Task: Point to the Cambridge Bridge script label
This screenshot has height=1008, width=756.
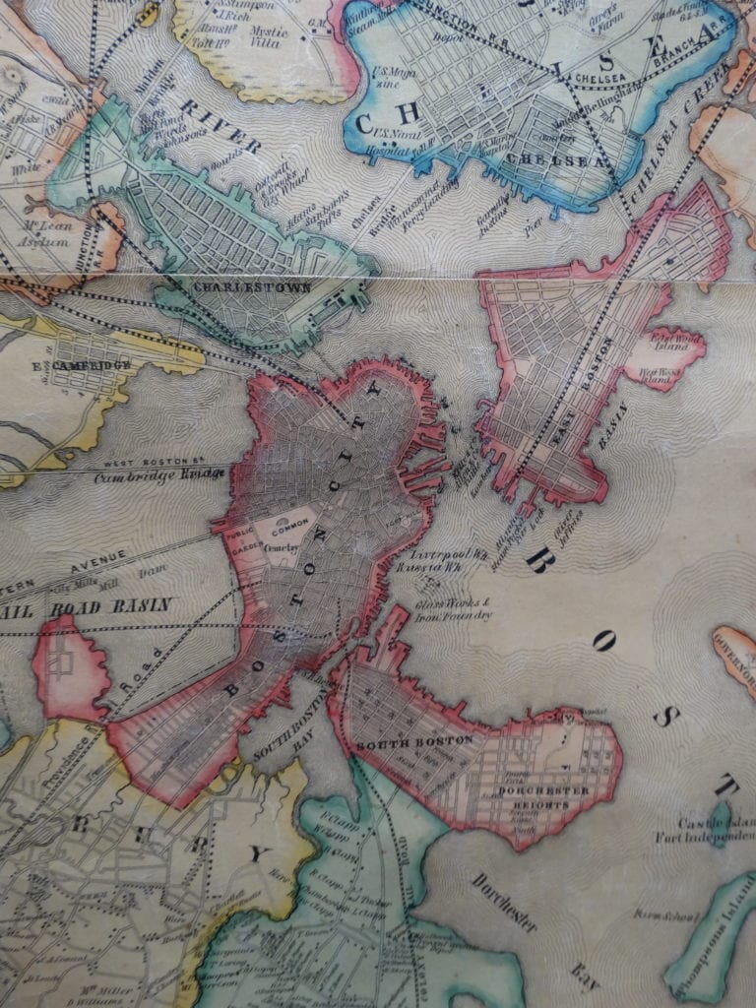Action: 159,475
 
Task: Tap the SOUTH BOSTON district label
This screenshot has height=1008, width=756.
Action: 414,739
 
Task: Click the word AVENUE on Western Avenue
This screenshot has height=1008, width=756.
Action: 93,560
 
